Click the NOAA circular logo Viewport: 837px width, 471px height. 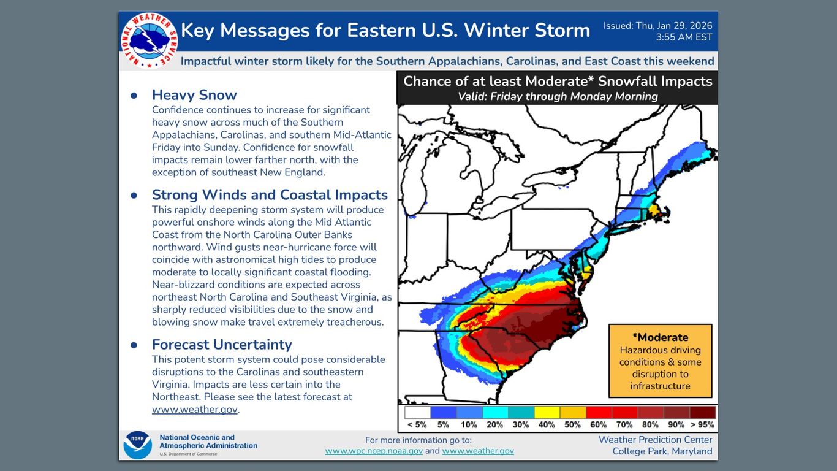click(137, 445)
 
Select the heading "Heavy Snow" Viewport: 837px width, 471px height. click(194, 95)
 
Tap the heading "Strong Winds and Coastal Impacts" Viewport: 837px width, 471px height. click(270, 195)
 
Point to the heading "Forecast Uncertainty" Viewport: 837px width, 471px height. click(222, 345)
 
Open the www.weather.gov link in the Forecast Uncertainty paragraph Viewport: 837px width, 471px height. click(194, 409)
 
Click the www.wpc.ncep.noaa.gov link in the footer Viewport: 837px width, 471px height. click(374, 451)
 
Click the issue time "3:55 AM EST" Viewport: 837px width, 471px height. click(684, 37)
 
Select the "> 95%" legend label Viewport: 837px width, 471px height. click(702, 424)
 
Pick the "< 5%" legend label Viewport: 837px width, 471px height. click(417, 424)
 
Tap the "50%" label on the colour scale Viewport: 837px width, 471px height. click(572, 424)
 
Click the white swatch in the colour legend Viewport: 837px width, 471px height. click(417, 413)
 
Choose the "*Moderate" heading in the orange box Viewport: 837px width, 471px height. click(660, 337)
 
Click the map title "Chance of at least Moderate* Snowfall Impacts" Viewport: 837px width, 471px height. click(558, 82)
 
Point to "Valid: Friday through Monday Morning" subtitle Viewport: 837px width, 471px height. click(558, 96)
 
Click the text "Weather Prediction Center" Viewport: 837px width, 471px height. click(655, 440)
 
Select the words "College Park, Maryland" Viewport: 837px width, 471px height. click(662, 451)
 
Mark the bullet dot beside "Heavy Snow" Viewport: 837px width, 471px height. click(134, 96)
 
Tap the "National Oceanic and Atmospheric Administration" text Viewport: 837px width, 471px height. click(208, 442)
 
